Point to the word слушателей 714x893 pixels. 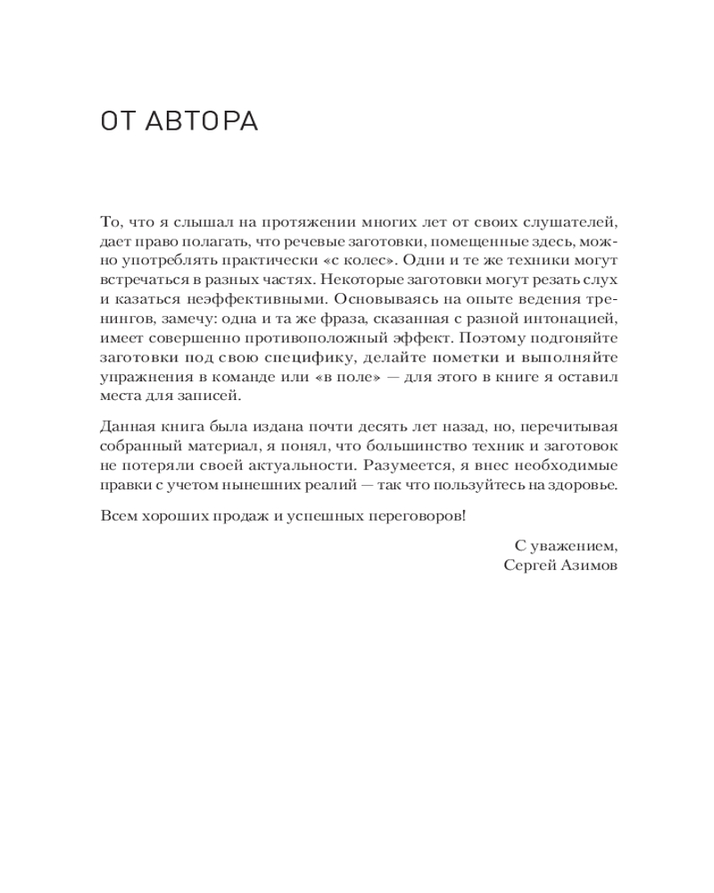pyautogui.click(x=572, y=222)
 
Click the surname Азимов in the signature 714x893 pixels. pyautogui.click(x=586, y=565)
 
